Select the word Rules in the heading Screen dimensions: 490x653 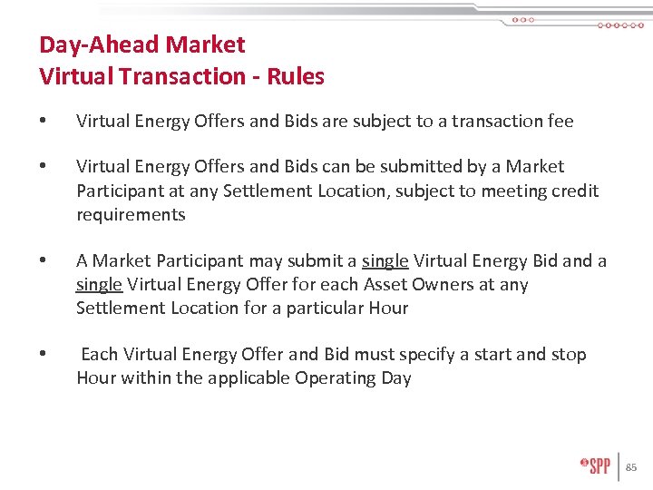pos(296,76)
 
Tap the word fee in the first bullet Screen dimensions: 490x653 pos(560,121)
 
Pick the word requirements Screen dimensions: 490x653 pos(131,215)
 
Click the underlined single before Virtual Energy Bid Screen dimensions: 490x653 pos(385,261)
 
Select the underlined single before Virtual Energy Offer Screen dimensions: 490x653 pos(99,285)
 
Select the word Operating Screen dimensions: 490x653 pos(334,378)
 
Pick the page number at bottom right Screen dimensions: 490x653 pos(631,467)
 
